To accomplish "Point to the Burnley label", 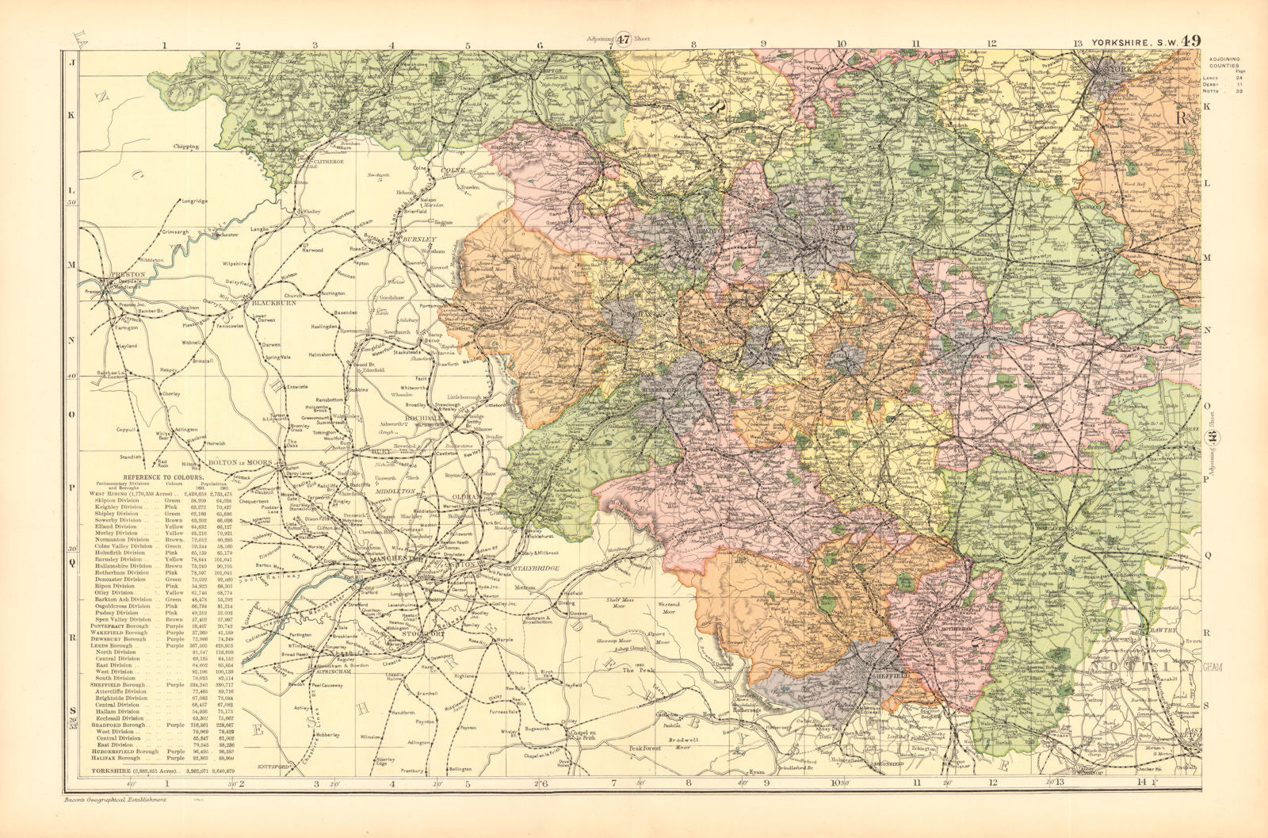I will (x=419, y=239).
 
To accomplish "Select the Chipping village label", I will (x=181, y=147).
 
